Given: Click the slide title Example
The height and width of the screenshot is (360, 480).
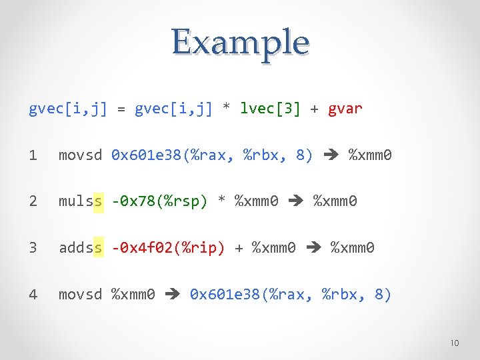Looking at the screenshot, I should tap(240, 42).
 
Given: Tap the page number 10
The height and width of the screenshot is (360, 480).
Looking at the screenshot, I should tap(454, 343).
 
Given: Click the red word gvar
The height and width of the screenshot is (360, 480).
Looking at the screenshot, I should tap(345, 108).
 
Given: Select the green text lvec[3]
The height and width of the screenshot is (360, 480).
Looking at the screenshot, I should tap(270, 108).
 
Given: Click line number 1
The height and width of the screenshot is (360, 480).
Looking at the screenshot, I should tap(33, 155).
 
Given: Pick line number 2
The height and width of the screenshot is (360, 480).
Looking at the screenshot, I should tap(33, 201).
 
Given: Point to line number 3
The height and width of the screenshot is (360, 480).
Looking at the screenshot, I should tap(33, 248).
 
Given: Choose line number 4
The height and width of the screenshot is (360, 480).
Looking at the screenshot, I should tap(33, 294).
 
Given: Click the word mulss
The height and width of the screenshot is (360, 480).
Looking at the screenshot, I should tap(81, 201).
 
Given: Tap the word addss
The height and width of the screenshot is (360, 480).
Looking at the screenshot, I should tap(81, 248).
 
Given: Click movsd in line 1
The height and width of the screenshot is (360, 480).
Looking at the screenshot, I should tap(81, 155).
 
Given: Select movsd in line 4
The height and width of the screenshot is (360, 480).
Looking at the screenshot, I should tap(81, 294).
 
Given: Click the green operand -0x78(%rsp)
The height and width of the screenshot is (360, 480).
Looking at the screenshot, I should tap(159, 201).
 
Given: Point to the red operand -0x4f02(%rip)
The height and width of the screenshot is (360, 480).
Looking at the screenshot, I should tap(168, 248).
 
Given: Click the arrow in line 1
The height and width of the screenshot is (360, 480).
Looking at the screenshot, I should tap(331, 156).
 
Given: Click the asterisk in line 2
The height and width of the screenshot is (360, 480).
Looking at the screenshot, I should tap(222, 201).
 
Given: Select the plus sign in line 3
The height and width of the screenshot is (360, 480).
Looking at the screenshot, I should tap(239, 248).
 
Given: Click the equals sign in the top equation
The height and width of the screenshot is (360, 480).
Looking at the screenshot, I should tap(121, 108).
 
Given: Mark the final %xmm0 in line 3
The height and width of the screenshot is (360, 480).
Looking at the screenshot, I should tap(353, 248).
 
